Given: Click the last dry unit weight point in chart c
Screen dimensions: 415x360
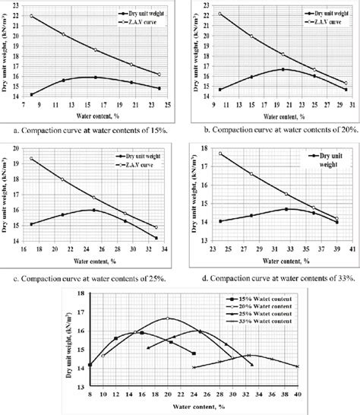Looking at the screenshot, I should [156, 238].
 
